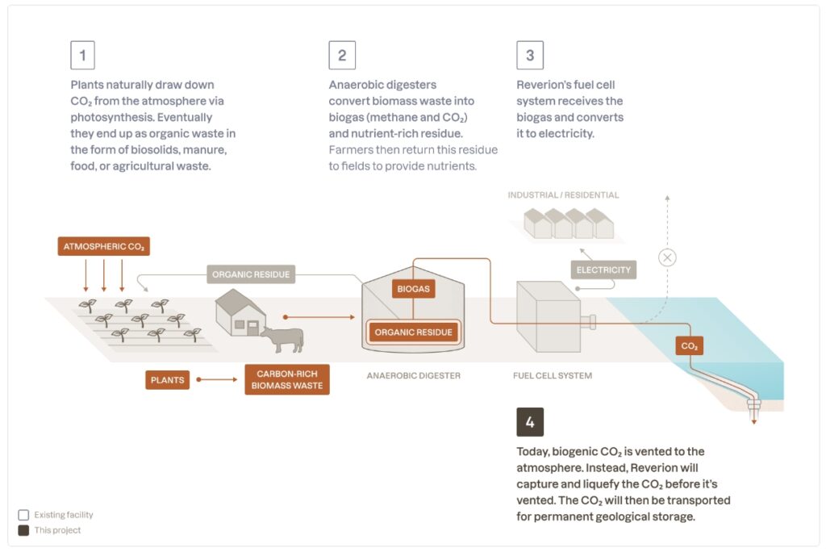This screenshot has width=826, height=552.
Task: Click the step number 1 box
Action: (83, 55)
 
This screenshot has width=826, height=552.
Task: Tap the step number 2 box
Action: (342, 55)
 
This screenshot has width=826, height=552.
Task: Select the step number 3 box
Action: (530, 55)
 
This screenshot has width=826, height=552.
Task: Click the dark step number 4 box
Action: (530, 422)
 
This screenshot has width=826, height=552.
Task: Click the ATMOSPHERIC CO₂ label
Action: (104, 246)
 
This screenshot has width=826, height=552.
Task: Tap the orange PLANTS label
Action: (168, 379)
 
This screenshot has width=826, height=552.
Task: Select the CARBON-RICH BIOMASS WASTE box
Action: (287, 379)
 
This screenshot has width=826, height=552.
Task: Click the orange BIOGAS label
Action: (414, 289)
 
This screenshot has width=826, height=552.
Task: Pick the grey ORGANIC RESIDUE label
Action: (251, 274)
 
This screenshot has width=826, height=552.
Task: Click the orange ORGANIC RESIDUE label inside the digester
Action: (414, 332)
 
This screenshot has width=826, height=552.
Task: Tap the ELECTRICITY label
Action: (603, 270)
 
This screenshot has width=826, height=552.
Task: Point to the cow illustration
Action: (283, 339)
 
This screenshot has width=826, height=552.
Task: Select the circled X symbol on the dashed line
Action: (667, 257)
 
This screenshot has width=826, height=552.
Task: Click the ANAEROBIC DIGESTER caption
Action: (414, 375)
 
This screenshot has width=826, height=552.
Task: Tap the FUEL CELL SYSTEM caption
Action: (553, 375)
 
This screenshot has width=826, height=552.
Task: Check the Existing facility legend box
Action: (23, 515)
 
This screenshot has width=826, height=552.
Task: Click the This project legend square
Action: (23, 530)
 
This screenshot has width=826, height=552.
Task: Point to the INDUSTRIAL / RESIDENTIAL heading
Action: (563, 195)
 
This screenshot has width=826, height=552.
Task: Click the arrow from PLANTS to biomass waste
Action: (217, 379)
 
